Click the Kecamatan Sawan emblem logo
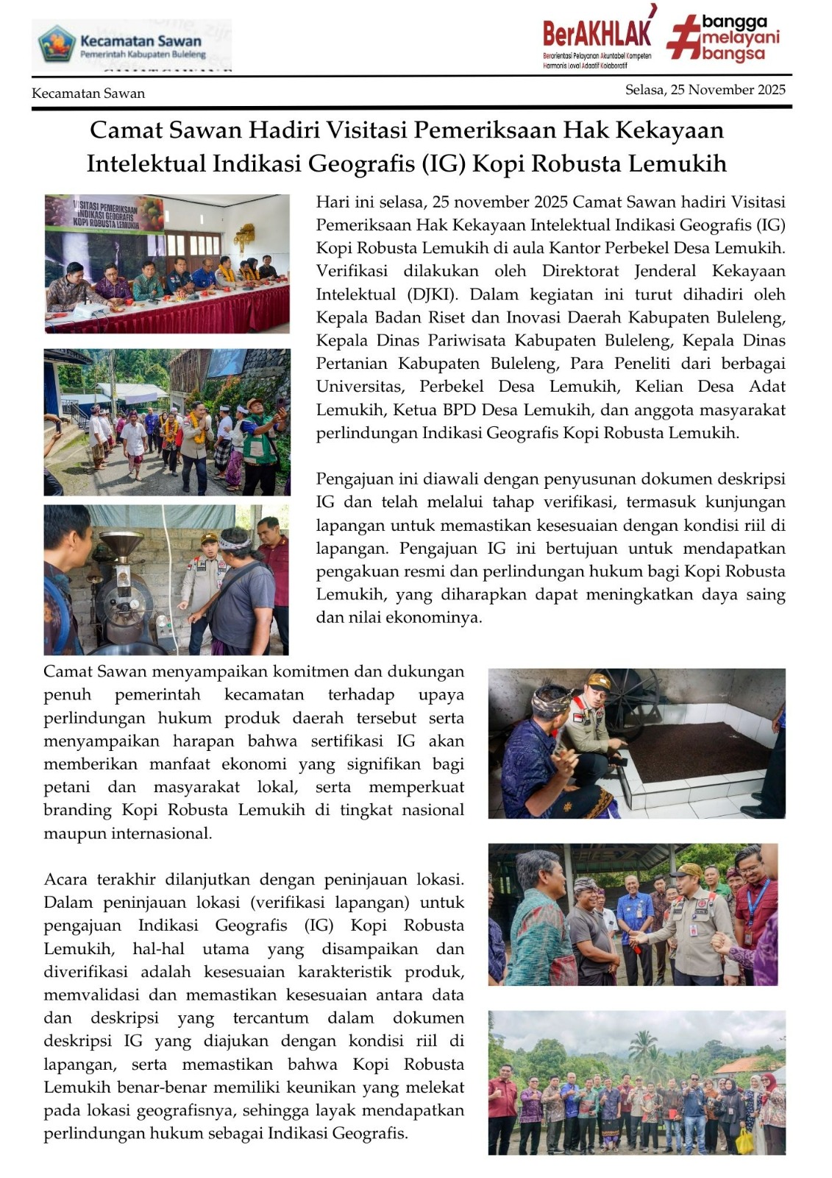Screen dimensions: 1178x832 [x=57, y=44]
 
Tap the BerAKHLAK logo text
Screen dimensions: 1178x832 [x=597, y=33]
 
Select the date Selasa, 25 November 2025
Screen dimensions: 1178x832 [x=705, y=90]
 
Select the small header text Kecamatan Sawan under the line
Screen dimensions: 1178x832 [x=88, y=94]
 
